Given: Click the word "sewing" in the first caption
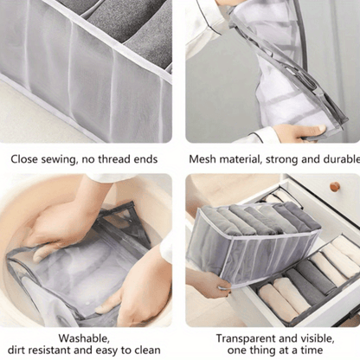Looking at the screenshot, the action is pyautogui.click(x=59, y=159).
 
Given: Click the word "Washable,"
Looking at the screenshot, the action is pyautogui.click(x=84, y=338).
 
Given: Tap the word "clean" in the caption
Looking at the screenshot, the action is pyautogui.click(x=146, y=350).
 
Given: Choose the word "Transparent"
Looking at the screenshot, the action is pyautogui.click(x=245, y=338).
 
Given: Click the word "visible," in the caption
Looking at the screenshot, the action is pyautogui.click(x=318, y=338).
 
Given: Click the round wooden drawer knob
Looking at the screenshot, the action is pyautogui.click(x=335, y=187).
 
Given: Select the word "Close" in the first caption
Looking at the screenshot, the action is pyautogui.click(x=24, y=159).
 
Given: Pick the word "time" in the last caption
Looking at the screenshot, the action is pyautogui.click(x=312, y=350).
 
